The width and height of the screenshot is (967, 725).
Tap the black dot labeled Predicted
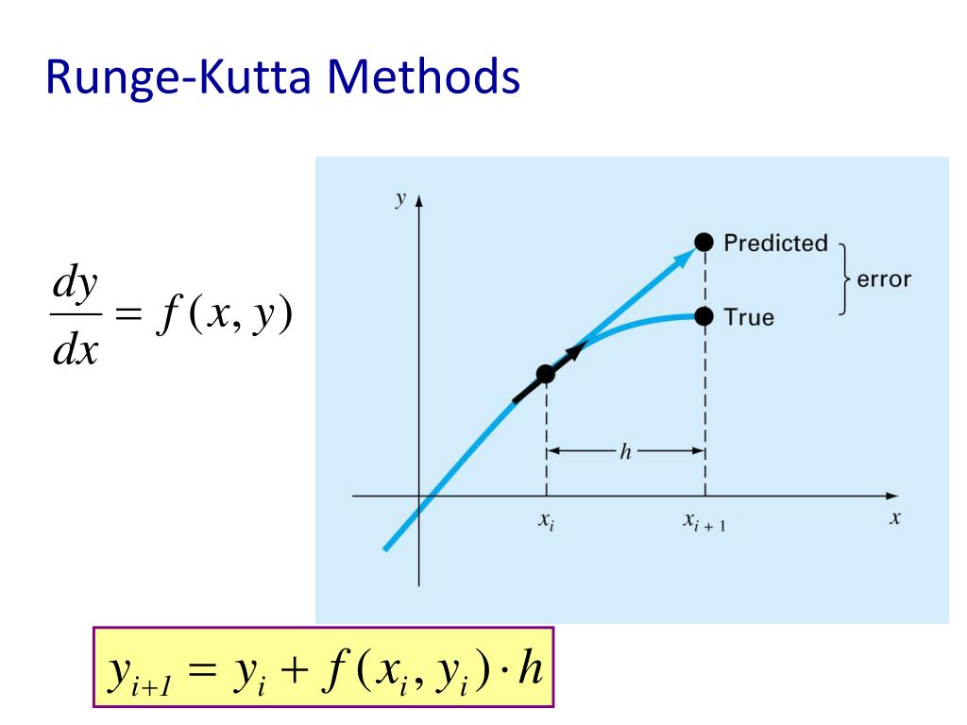704,243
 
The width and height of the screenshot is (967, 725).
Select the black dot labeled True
704,316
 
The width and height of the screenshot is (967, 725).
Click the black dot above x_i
546,375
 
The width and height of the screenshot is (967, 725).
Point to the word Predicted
775,244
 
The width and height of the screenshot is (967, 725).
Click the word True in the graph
748,317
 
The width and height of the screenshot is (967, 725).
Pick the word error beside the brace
884,280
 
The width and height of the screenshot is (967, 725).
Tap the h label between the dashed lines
625,452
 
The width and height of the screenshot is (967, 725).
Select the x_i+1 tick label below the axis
704,522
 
